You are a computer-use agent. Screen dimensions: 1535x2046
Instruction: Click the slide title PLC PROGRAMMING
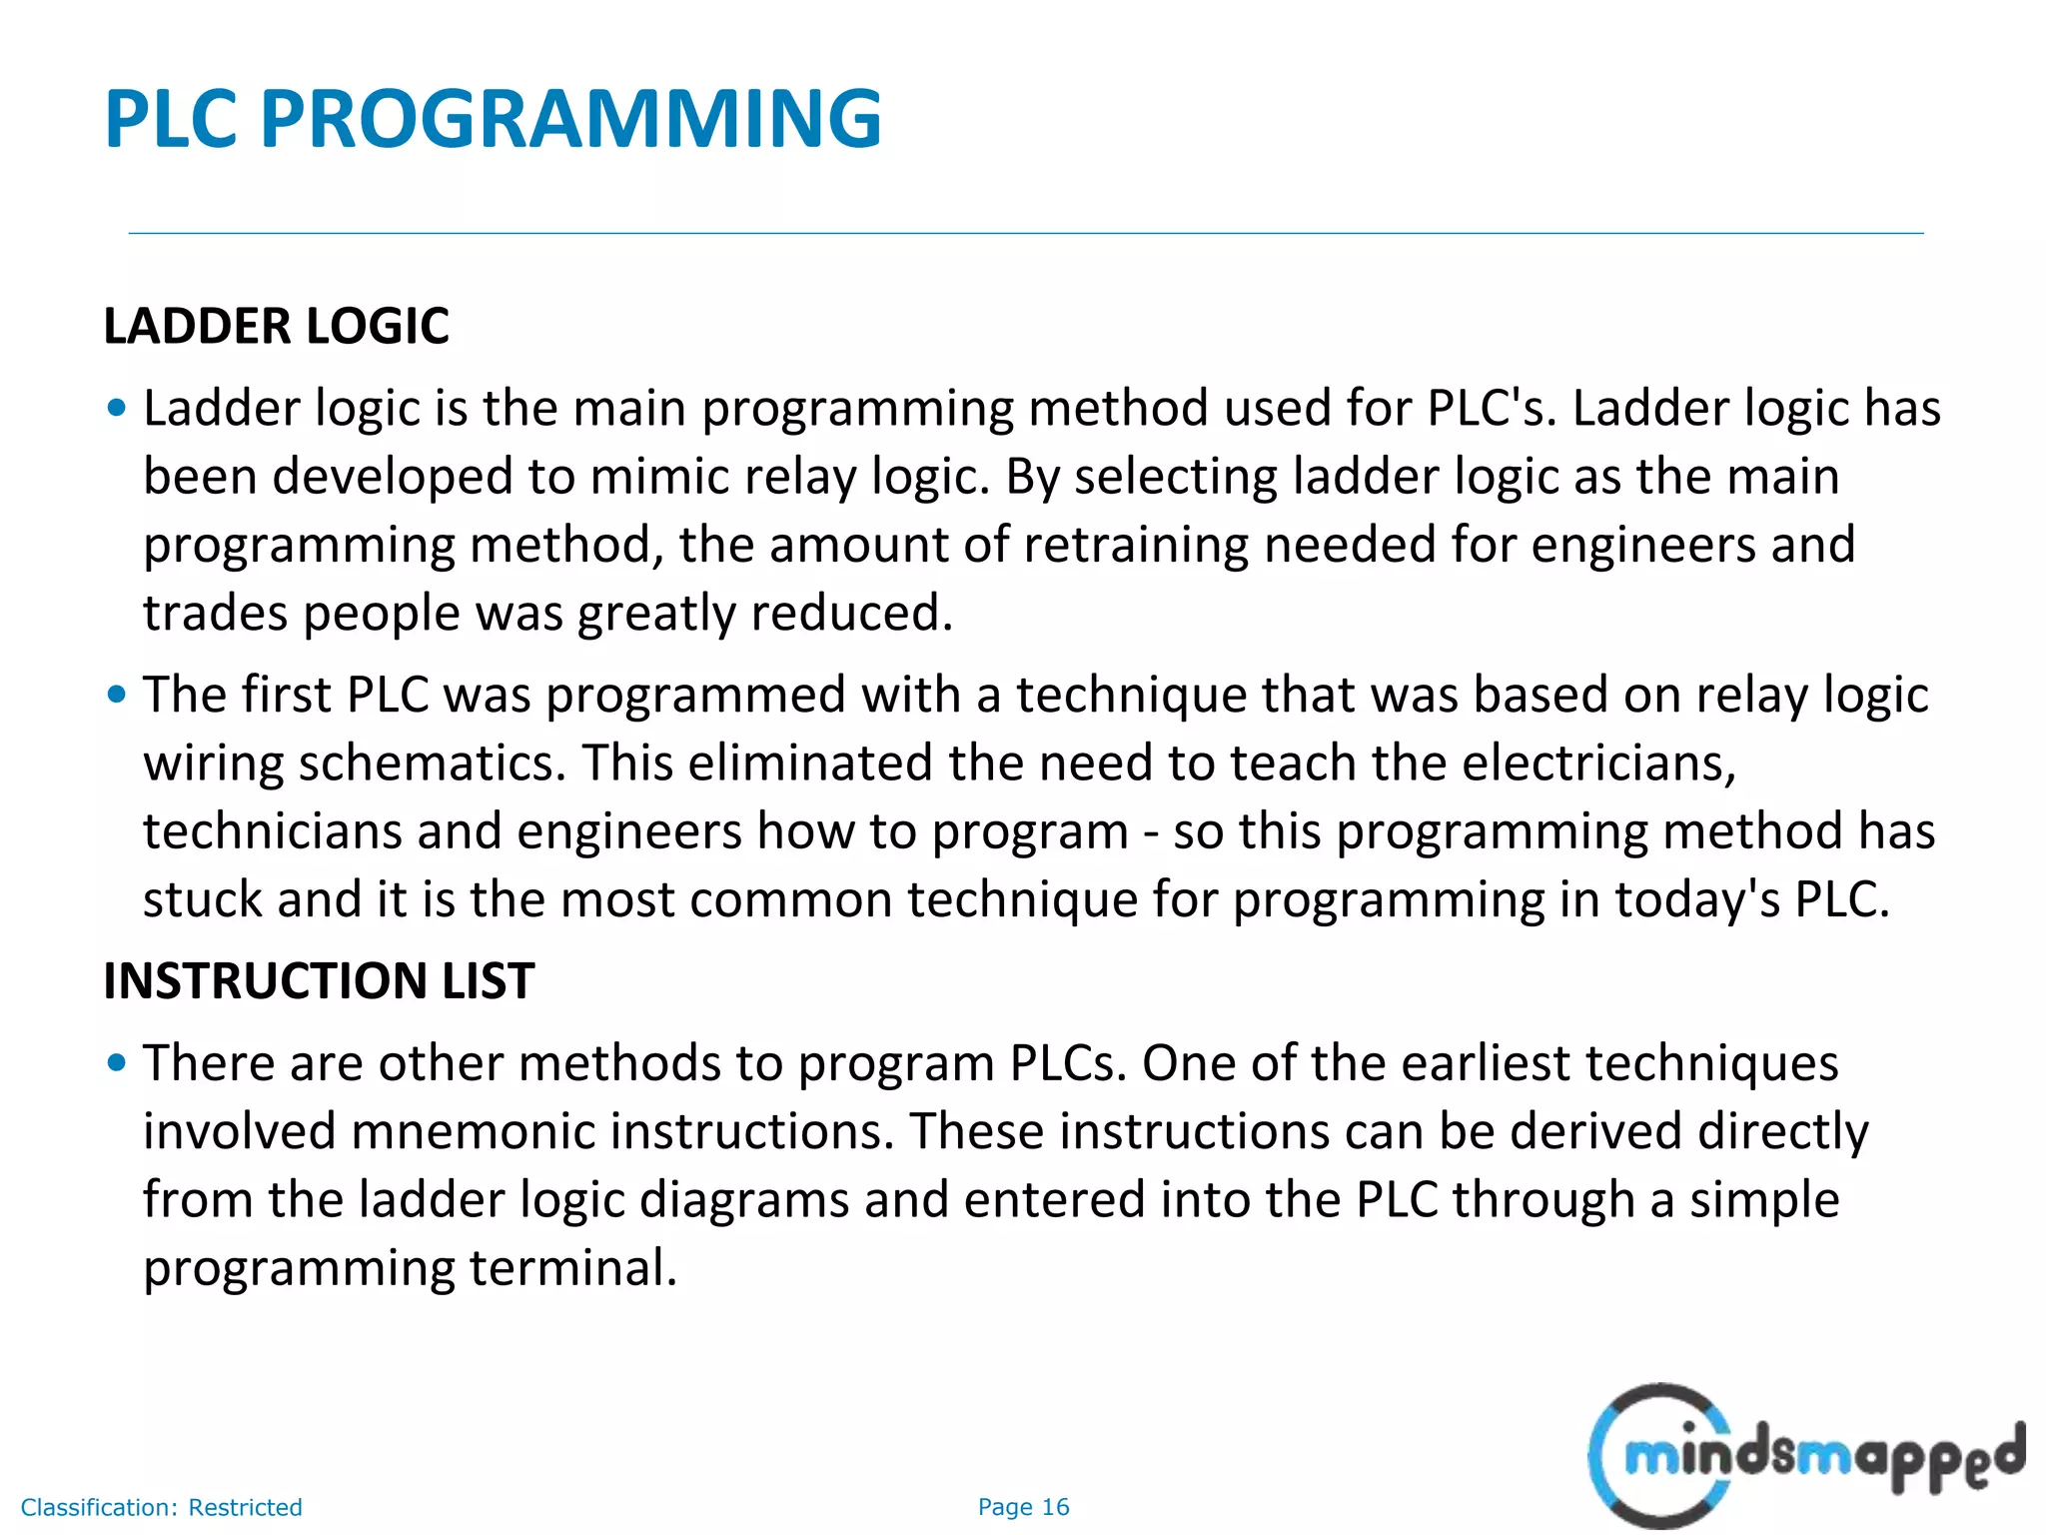point(493,120)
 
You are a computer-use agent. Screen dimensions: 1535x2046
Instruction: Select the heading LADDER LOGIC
point(276,327)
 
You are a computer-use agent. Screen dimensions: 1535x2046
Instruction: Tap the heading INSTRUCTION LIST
point(319,981)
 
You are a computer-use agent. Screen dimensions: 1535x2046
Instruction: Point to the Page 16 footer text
point(1023,1507)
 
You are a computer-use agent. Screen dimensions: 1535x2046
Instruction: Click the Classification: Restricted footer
point(161,1507)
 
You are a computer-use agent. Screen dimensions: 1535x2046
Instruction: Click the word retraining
point(1136,545)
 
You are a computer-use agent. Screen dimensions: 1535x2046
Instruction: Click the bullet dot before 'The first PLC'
point(117,694)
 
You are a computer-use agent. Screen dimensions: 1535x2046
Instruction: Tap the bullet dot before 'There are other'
point(117,1062)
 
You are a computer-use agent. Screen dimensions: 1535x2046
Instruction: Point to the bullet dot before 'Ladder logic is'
point(117,408)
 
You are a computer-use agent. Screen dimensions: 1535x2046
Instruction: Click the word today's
point(1697,899)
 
